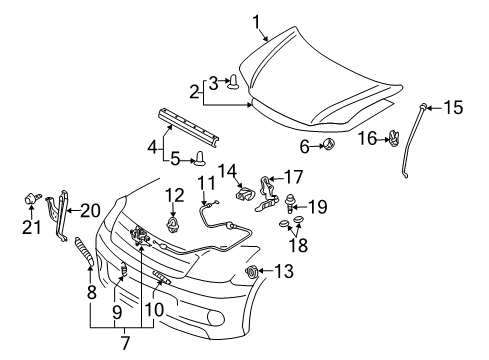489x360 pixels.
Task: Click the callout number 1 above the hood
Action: [x=256, y=19]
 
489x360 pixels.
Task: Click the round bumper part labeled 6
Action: [x=329, y=147]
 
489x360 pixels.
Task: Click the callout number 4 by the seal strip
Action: [x=153, y=147]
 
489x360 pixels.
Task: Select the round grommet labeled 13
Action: [x=252, y=271]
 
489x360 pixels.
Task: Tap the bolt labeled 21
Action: [x=29, y=209]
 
